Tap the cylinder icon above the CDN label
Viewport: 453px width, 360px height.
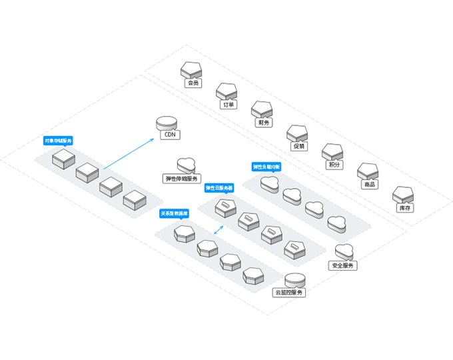(167, 123)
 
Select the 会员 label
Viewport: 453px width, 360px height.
(193, 84)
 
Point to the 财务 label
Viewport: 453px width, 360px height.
(264, 123)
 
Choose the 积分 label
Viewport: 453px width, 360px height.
(334, 165)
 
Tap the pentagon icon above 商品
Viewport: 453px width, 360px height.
(368, 171)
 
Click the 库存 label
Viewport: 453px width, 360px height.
(404, 208)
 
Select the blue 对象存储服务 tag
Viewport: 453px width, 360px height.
(59, 141)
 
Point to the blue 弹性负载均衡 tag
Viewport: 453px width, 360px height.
(267, 166)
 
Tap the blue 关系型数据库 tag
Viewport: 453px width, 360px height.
(175, 214)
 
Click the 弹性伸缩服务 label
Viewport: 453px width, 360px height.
(182, 179)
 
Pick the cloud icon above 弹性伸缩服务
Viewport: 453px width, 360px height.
(186, 165)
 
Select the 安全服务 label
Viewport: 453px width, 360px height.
(344, 265)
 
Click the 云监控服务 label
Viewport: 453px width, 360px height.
(289, 293)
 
